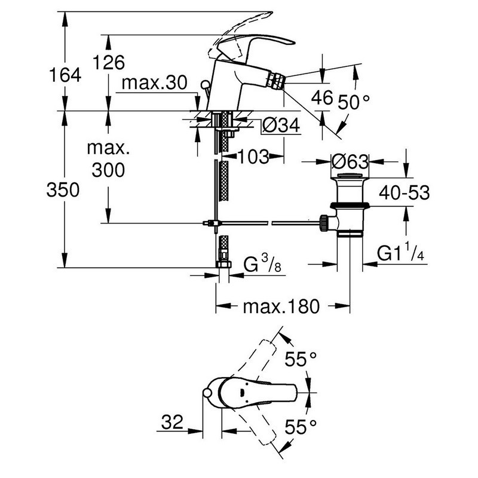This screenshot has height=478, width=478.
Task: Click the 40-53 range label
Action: (x=405, y=192)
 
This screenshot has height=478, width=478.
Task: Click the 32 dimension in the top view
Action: (x=173, y=422)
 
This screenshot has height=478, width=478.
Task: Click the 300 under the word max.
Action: (x=108, y=170)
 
